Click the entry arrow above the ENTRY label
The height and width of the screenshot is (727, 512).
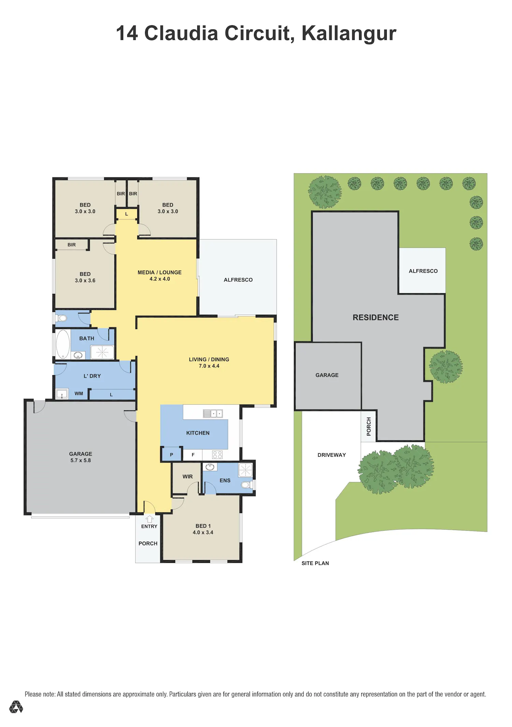point(149,519)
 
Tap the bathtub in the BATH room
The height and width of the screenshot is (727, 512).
point(63,344)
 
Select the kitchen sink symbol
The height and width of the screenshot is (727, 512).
point(213,414)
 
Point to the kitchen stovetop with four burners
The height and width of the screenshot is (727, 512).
point(217,455)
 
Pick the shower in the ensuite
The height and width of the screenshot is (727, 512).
point(245,470)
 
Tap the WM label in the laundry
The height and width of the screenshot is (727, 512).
point(79,394)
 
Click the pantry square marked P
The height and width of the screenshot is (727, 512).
point(171,454)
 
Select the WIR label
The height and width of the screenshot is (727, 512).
point(188,476)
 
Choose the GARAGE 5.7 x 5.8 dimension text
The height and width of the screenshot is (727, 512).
point(81,460)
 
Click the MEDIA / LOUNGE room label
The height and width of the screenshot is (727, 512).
point(159,272)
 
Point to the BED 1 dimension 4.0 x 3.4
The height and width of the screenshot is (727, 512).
point(203,532)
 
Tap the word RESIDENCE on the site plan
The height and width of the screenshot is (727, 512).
point(375,317)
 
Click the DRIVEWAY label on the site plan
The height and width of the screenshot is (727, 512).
point(331,455)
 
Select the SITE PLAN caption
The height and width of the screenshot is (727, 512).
point(315,563)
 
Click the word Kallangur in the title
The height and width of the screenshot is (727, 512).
point(349,33)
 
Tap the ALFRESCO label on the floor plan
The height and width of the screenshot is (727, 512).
point(238,280)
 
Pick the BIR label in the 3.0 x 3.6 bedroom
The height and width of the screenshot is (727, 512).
point(72,245)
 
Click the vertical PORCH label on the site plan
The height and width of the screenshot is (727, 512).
point(369,426)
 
